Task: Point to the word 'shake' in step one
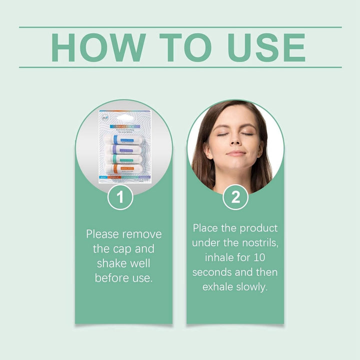click(x=109, y=263)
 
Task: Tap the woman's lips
click(x=236, y=153)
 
